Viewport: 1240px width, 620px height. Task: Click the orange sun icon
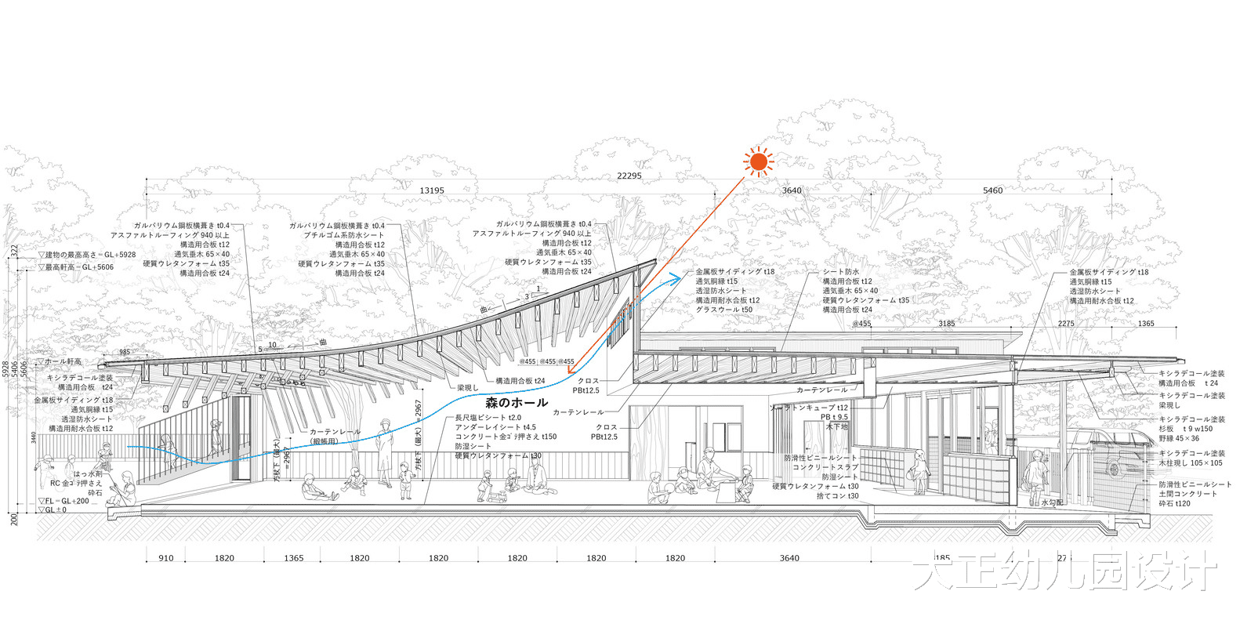tap(758, 162)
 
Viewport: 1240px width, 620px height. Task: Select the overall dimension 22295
tap(629, 176)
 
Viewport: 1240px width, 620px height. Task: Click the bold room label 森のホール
tap(517, 403)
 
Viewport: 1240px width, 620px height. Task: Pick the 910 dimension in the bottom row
tap(166, 558)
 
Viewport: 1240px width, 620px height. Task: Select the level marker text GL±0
tap(56, 510)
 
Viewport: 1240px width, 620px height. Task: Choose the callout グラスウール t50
tap(723, 310)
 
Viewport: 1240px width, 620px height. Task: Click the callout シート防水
tap(840, 272)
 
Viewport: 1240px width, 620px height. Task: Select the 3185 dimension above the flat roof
tap(946, 323)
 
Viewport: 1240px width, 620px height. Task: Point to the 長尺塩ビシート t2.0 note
tap(488, 418)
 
